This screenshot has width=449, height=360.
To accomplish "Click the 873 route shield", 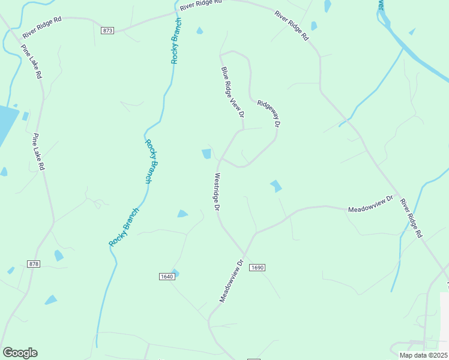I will (107, 30).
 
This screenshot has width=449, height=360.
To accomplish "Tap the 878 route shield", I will (34, 264).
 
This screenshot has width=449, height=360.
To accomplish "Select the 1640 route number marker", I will (167, 276).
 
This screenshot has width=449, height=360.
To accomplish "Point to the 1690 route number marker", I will (257, 267).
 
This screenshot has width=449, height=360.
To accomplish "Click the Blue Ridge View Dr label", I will (233, 92).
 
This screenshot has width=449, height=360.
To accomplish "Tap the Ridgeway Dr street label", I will (269, 113).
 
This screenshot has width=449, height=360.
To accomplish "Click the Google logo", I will (20, 353).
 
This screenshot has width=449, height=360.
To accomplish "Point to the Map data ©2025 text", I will (424, 355).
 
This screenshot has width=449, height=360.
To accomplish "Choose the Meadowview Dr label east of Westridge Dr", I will (370, 203).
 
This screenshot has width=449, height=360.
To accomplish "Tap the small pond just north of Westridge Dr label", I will (206, 154).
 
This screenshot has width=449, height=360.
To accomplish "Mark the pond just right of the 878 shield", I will (58, 256).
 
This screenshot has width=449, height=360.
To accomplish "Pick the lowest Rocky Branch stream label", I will (124, 227).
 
